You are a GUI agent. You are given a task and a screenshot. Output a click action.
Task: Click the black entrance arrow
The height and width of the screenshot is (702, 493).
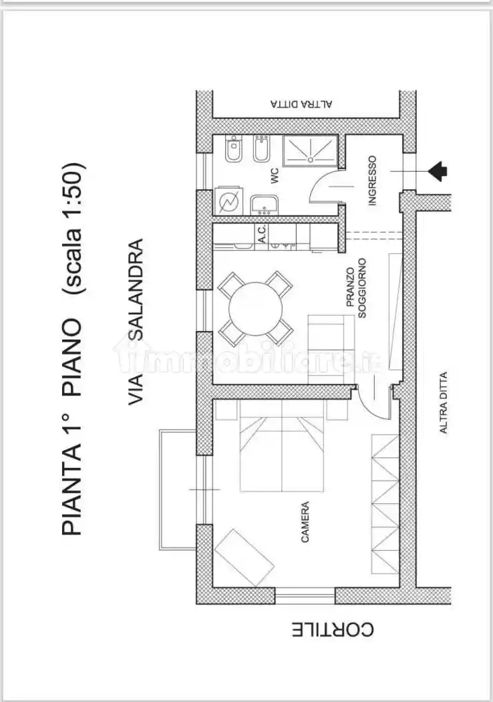tap(438, 171)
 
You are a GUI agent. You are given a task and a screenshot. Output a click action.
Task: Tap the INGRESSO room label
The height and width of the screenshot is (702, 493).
tap(372, 181)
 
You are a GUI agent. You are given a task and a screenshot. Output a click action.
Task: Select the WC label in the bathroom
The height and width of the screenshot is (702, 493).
tap(275, 175)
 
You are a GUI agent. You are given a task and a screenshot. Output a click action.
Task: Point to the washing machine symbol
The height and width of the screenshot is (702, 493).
tap(228, 201)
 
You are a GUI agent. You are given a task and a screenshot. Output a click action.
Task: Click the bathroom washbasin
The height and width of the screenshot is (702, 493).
tap(265, 205)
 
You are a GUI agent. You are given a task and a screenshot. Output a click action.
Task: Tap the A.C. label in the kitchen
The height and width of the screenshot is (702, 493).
tap(263, 234)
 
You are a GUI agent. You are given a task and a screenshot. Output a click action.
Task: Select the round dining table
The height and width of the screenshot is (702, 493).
tap(256, 308)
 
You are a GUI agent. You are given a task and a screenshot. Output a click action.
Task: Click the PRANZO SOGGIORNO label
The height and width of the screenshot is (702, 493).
tap(357, 287)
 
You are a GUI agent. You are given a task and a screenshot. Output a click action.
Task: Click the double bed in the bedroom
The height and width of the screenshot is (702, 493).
tap(283, 446)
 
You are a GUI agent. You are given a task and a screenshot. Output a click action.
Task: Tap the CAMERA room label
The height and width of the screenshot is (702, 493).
tap(305, 522)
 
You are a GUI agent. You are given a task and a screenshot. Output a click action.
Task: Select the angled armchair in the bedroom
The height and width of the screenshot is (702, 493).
tap(244, 558)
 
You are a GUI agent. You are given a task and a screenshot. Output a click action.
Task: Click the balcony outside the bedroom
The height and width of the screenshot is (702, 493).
tap(178, 489)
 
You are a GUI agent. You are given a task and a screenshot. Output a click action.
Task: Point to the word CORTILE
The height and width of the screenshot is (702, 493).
tap(333, 630)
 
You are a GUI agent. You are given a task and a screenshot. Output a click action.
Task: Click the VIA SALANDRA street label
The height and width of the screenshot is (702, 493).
tap(136, 322)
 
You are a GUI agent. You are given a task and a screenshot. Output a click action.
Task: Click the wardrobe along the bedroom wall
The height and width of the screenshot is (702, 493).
tap(385, 504)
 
